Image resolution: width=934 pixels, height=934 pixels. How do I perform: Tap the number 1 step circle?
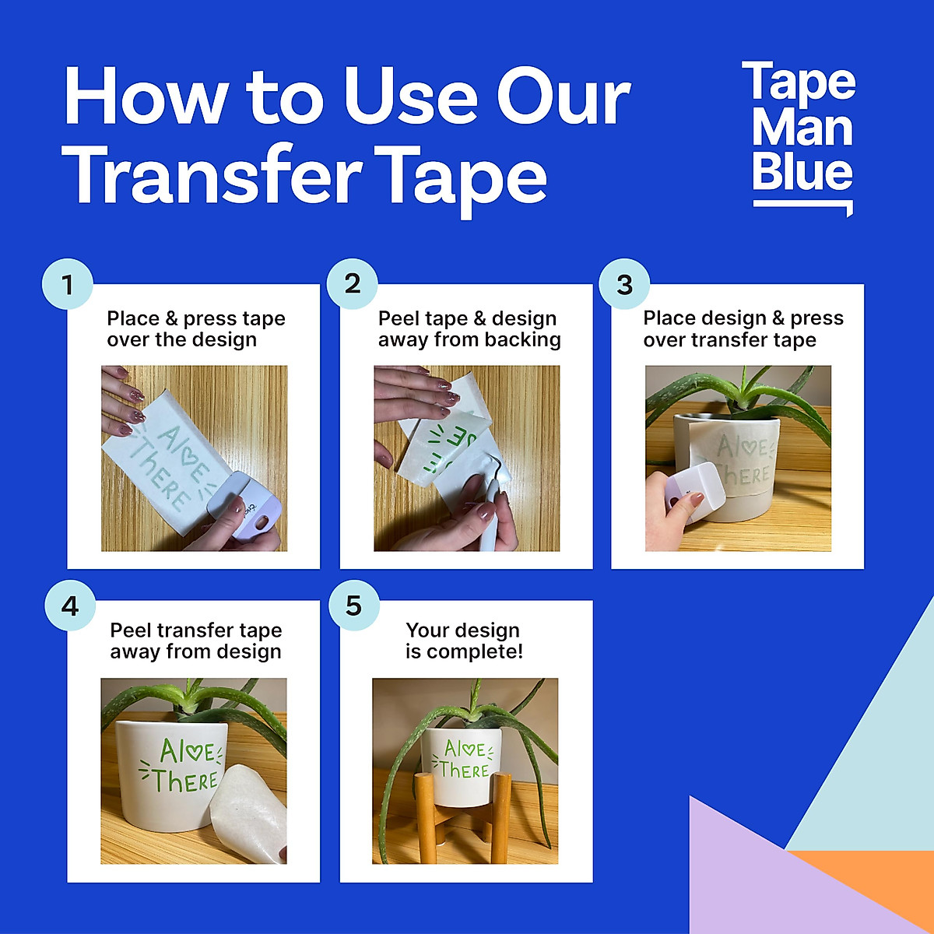[68, 284]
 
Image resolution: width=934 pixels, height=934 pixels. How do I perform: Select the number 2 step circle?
[353, 284]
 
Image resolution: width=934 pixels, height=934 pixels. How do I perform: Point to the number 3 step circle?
[624, 284]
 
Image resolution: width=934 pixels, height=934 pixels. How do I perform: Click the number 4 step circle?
[70, 606]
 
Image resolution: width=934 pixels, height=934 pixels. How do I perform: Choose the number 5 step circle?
[354, 606]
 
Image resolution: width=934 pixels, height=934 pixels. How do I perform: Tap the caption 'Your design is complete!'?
[464, 641]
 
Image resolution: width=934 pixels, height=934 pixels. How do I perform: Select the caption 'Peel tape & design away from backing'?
[469, 329]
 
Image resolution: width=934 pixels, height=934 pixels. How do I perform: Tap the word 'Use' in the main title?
[413, 97]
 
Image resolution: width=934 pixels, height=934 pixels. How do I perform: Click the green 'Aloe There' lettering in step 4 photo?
[184, 767]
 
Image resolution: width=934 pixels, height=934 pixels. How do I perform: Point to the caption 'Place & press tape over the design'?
[196, 329]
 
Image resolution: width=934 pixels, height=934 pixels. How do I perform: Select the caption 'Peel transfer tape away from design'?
[196, 641]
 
